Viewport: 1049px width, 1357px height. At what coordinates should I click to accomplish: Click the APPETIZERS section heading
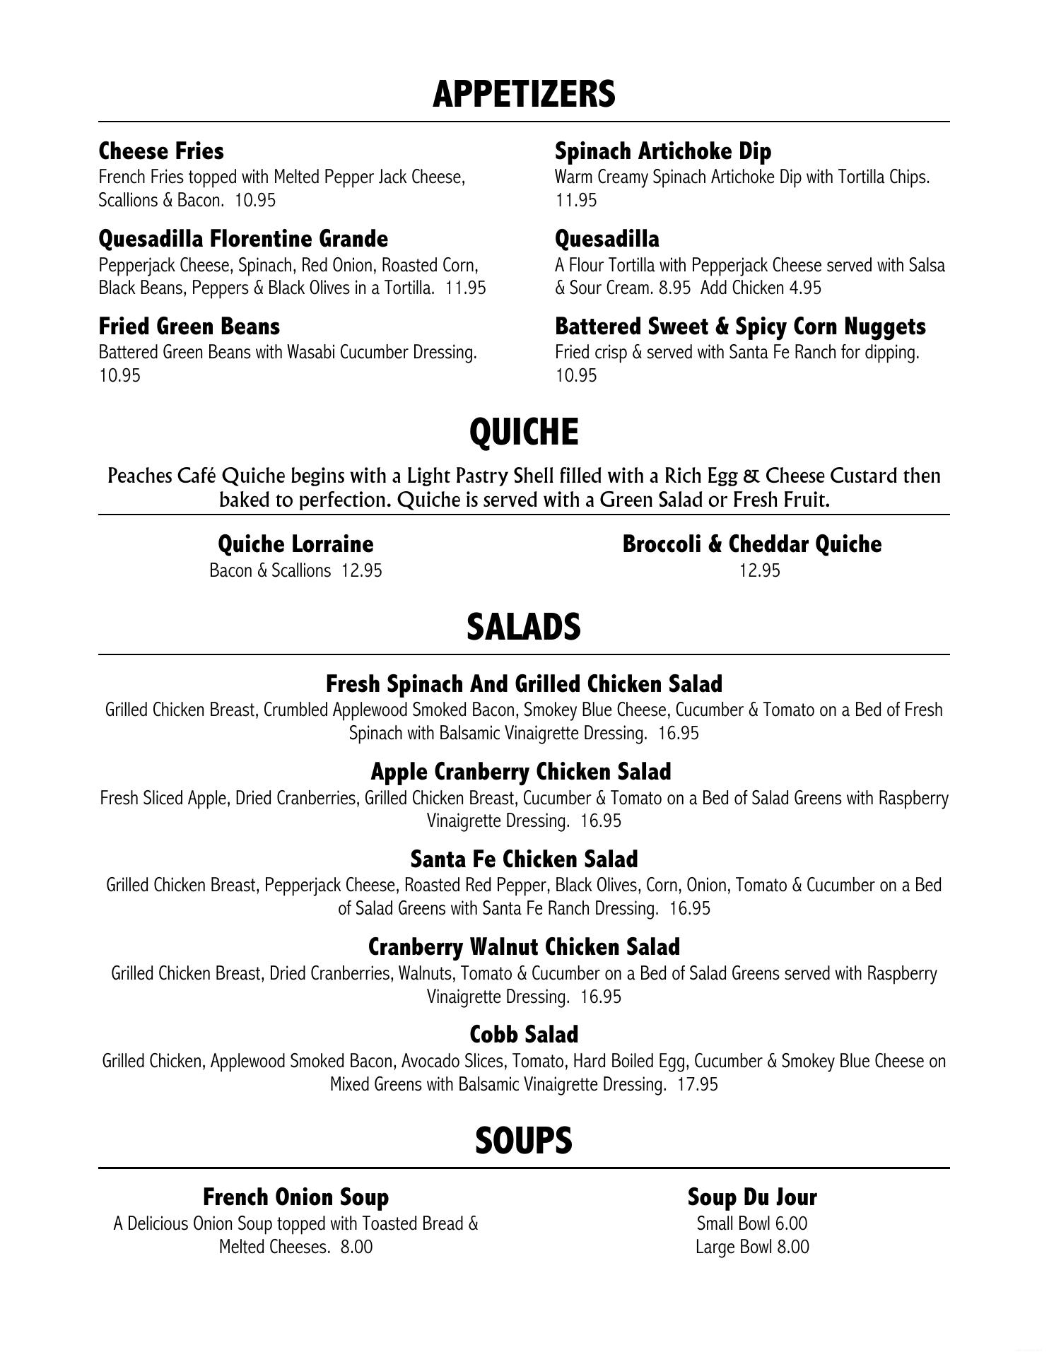tap(524, 94)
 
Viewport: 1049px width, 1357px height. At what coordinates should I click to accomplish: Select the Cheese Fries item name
tap(161, 151)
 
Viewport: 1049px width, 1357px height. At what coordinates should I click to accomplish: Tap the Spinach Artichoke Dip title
tap(663, 151)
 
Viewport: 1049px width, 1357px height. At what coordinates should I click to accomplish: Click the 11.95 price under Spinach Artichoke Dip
tap(576, 200)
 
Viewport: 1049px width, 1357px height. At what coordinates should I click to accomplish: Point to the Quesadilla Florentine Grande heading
tap(243, 239)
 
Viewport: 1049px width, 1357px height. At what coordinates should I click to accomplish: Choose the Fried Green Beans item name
tap(189, 327)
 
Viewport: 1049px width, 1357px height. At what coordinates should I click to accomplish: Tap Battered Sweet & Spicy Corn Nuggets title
tap(740, 327)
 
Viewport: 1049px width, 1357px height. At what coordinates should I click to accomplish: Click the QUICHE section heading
tap(524, 432)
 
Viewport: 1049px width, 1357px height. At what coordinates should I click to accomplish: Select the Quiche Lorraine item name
tap(295, 544)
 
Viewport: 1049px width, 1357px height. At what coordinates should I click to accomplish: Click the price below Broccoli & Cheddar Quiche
tap(760, 570)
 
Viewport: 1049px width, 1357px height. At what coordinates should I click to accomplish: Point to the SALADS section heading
tap(524, 627)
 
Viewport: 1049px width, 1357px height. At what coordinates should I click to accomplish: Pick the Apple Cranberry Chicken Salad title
tap(521, 771)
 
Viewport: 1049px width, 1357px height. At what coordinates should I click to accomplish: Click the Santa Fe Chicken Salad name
tap(524, 859)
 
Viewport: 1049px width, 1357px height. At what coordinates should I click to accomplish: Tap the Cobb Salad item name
tap(524, 1035)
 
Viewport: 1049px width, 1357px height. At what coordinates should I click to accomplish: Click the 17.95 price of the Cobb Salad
tap(697, 1084)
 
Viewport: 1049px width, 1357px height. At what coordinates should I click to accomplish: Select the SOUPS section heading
tap(524, 1141)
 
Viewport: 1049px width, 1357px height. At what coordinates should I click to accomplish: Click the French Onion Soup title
tap(295, 1197)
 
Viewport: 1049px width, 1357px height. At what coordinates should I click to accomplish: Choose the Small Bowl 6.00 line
tap(752, 1223)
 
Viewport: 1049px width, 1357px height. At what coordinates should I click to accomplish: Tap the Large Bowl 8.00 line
tap(752, 1247)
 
